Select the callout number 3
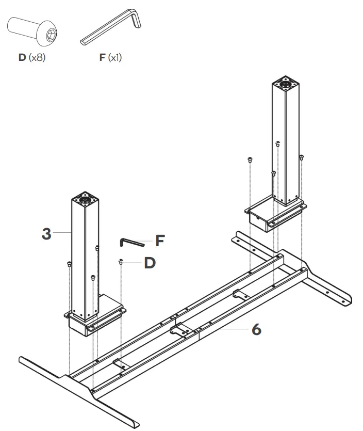[x=47, y=233]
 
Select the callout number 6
[x=256, y=329]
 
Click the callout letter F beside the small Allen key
[x=161, y=241]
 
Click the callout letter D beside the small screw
[x=150, y=263]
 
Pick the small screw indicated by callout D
[x=120, y=263]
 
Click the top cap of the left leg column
[x=85, y=198]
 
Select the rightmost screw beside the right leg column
[x=302, y=157]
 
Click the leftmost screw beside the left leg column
[x=69, y=264]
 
